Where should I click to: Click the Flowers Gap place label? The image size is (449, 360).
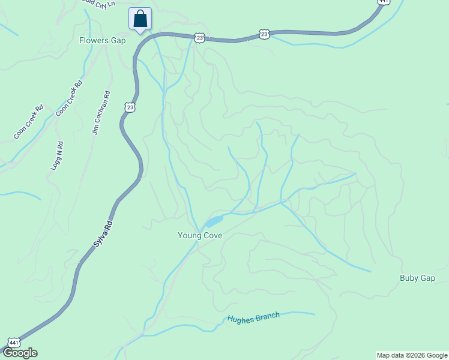click(102, 41)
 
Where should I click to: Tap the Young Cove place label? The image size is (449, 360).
click(200, 235)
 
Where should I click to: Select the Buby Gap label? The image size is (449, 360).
click(417, 278)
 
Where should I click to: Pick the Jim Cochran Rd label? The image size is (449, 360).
click(101, 113)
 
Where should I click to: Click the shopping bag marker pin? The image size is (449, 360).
click(140, 19)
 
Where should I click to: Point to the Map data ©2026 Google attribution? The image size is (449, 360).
click(412, 355)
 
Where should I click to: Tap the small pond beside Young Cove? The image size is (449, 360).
click(213, 221)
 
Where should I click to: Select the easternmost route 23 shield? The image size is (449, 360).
click(264, 34)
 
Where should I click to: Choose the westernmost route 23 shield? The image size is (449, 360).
click(130, 107)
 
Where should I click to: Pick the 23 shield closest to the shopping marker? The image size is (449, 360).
click(199, 38)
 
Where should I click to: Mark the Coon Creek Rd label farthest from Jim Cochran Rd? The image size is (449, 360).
click(29, 123)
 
